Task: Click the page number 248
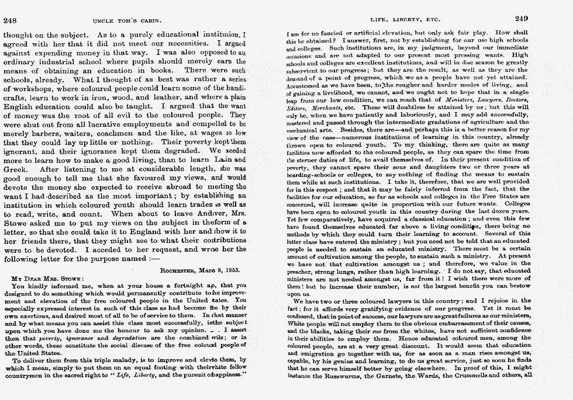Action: tap(11, 20)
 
